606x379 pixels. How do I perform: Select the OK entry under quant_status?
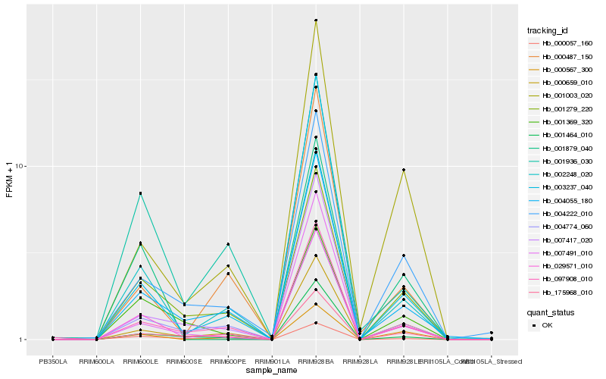click(547, 324)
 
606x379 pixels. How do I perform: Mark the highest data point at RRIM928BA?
click(316, 20)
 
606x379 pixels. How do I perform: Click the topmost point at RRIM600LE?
click(140, 193)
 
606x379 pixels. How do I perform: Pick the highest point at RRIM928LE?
click(404, 170)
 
